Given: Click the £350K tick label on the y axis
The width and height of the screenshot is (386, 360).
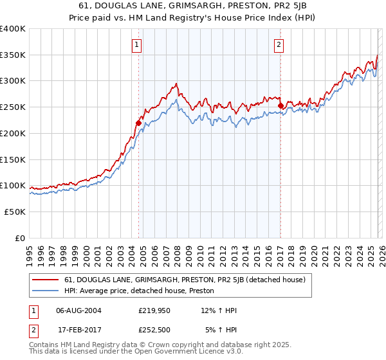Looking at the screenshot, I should coord(13,55).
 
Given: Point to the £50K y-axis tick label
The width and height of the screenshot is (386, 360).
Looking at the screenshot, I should coord(15,212).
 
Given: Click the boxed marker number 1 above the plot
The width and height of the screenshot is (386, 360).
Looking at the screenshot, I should coord(138,44).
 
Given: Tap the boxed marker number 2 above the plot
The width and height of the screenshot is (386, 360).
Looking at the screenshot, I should coord(279,44).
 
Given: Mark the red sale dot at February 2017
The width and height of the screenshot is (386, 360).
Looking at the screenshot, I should coord(280,106).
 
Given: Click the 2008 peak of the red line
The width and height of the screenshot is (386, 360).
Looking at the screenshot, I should coord(176,84).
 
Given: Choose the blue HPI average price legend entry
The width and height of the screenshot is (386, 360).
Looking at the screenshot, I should coord(138,291).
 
